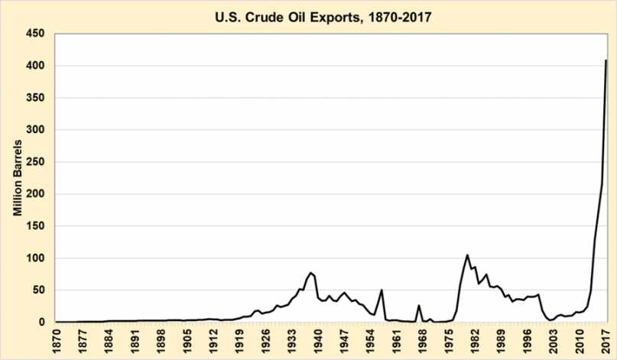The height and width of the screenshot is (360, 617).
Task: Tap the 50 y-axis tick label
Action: [x=40, y=290]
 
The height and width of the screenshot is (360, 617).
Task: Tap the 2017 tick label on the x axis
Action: [x=606, y=340]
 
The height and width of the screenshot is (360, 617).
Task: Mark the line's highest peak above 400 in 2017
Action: [x=606, y=60]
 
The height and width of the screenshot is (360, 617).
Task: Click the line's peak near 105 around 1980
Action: [x=467, y=255]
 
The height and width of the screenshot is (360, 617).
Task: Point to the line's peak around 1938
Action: [x=310, y=273]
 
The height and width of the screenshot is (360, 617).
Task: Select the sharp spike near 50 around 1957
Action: [x=382, y=290]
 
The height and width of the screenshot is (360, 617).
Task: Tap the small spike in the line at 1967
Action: [x=419, y=306]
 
